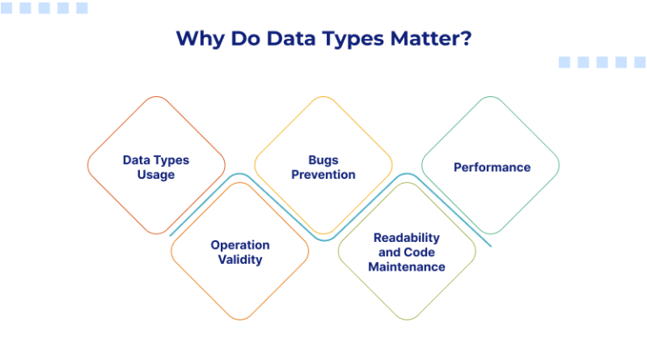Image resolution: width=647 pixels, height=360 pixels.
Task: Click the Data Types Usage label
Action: [x=156, y=167]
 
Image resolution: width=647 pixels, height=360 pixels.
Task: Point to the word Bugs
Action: [x=323, y=159]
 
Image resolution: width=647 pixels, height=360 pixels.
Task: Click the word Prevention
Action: [x=323, y=175]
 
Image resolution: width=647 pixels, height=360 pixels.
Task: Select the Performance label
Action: [x=492, y=167]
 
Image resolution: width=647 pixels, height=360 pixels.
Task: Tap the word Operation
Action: [x=240, y=244]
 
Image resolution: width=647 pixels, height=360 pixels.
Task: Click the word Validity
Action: [x=240, y=260]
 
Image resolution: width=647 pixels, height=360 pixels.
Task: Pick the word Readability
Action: [x=407, y=238]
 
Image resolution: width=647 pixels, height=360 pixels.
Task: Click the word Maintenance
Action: [x=407, y=266]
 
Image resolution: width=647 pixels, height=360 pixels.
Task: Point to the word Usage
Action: [x=156, y=175]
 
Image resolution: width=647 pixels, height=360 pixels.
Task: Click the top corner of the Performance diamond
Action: [x=490, y=97]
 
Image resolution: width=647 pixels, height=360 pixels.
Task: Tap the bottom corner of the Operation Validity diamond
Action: [x=240, y=320]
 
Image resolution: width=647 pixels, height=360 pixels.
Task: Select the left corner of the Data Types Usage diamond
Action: [x=88, y=165]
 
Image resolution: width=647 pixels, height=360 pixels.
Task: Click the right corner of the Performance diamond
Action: [x=559, y=165]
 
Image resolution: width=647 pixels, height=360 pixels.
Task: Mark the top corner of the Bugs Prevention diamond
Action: [x=323, y=97]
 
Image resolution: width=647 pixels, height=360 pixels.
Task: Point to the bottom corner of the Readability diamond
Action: [x=407, y=320]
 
